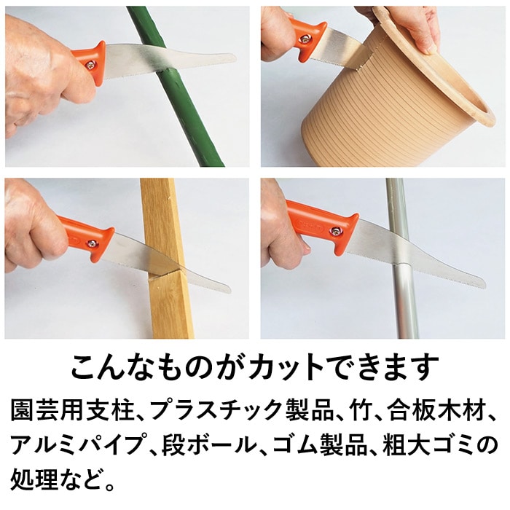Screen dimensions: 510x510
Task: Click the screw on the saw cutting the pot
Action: pos(305,39)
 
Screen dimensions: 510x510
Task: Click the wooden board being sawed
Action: pos(167,259)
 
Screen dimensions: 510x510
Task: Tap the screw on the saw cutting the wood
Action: pos(93,243)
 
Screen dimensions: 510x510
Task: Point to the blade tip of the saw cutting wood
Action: pos(229,289)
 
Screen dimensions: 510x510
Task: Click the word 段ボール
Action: pos(208,444)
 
